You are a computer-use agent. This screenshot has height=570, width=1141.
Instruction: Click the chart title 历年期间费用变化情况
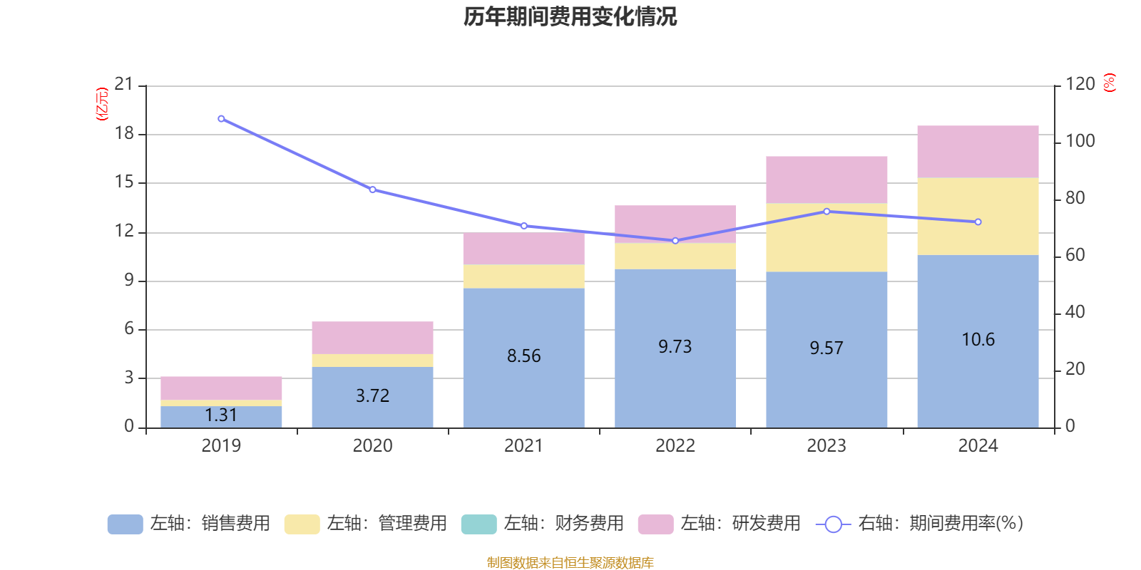click(570, 16)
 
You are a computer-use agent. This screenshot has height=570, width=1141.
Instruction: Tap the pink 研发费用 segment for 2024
click(978, 152)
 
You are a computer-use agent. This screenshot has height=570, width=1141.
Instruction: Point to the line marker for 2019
click(221, 119)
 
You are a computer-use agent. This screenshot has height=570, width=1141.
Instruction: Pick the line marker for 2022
click(675, 241)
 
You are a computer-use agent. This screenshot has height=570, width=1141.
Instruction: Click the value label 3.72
click(372, 396)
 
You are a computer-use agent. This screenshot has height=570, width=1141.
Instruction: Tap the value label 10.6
click(978, 340)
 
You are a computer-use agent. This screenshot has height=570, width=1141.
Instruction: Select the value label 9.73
click(675, 347)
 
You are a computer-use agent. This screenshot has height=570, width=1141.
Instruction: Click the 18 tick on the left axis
click(124, 133)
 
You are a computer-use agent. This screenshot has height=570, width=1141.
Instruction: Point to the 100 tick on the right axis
click(1080, 141)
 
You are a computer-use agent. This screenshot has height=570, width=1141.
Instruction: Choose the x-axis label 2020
click(372, 446)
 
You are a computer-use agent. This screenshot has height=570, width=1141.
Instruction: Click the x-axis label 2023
click(827, 446)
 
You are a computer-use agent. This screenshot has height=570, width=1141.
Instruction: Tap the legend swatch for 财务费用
click(479, 524)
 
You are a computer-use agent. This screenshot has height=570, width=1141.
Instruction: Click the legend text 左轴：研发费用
click(740, 524)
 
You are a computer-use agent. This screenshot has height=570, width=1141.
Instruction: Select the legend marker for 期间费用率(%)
click(833, 524)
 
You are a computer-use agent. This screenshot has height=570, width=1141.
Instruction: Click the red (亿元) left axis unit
click(102, 104)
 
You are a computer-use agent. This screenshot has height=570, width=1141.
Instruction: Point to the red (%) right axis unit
click(1109, 83)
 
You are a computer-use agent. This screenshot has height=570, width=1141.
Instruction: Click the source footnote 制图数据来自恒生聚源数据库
click(570, 563)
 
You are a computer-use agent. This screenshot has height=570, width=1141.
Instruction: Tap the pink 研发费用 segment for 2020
click(372, 338)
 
